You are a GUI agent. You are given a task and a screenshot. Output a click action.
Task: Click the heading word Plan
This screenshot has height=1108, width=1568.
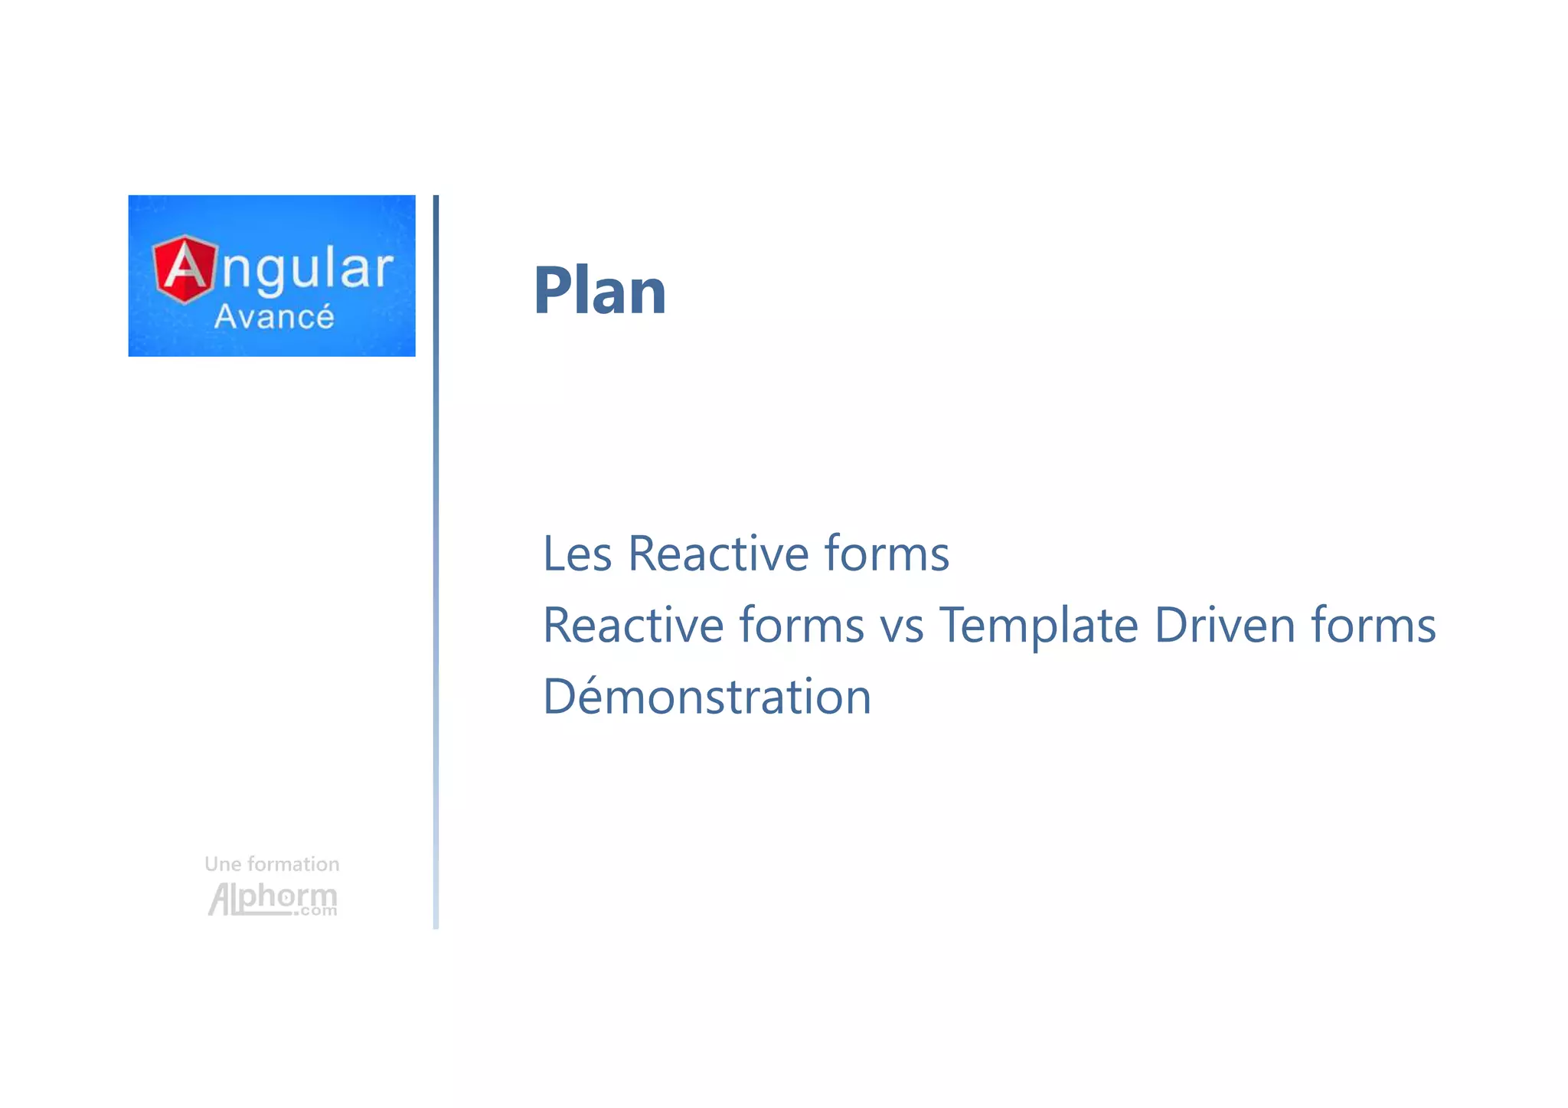click(599, 291)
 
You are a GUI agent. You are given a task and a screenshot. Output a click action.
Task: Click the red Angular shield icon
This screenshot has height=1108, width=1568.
click(185, 270)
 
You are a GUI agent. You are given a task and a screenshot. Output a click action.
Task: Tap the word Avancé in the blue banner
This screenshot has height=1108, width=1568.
click(273, 317)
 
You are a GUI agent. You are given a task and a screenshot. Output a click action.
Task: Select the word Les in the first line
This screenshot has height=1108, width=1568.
click(577, 554)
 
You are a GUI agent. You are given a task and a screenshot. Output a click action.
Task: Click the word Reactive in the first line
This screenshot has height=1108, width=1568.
click(717, 554)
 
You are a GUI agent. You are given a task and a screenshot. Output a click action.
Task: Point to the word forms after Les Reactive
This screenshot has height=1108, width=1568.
click(886, 554)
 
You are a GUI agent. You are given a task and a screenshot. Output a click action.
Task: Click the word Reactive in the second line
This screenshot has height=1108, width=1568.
click(632, 625)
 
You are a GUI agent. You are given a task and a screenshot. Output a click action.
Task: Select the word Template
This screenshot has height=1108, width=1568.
click(1039, 626)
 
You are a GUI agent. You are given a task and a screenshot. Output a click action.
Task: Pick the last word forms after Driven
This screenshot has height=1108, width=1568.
click(1373, 625)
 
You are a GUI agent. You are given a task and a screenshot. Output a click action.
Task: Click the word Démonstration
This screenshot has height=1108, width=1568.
click(707, 697)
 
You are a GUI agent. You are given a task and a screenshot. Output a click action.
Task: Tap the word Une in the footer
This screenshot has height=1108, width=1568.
click(222, 865)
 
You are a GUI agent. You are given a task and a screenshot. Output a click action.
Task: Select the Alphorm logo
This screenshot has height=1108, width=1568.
click(272, 897)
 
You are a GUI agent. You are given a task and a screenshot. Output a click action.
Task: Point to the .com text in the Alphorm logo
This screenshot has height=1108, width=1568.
click(315, 911)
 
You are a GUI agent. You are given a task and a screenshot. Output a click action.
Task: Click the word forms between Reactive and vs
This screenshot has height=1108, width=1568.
click(801, 625)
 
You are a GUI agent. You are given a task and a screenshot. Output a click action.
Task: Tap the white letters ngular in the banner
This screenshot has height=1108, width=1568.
click(307, 270)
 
